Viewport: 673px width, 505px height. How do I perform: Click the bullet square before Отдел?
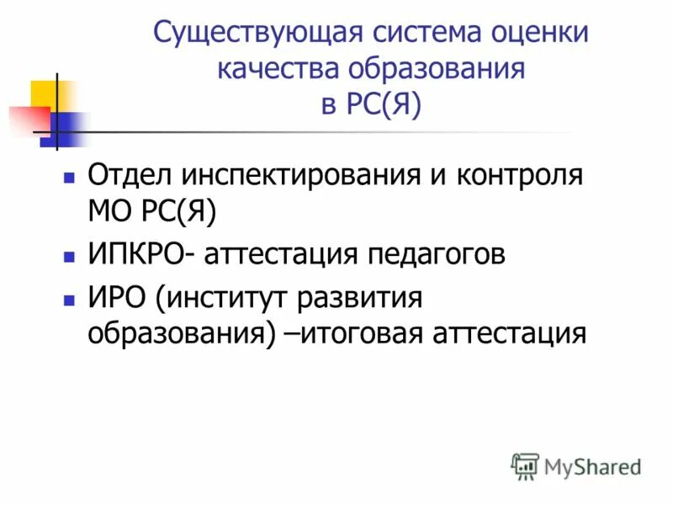70,178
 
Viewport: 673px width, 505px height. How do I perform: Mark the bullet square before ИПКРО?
70,254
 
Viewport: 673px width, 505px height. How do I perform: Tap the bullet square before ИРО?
70,299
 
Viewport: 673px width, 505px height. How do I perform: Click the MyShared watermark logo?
576,465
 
